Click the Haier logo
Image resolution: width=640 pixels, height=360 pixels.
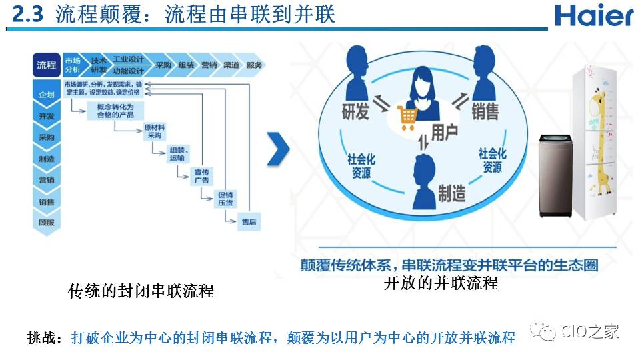(x=593, y=15)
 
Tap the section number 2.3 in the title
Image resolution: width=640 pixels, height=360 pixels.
(x=28, y=15)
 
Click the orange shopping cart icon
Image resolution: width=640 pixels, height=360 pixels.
(x=408, y=118)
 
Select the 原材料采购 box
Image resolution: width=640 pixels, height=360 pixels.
(x=155, y=131)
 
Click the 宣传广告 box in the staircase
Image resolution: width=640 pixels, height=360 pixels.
(x=201, y=176)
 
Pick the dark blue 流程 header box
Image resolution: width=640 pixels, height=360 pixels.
(x=47, y=65)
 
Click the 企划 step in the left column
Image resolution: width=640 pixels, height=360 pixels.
(x=47, y=95)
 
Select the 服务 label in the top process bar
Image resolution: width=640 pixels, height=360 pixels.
(x=255, y=65)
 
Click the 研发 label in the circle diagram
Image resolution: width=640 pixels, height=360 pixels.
(x=355, y=111)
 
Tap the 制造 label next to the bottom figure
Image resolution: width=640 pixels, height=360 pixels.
(x=451, y=194)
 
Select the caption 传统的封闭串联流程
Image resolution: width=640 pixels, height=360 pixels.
(x=141, y=291)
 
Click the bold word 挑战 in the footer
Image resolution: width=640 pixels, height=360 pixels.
(x=44, y=338)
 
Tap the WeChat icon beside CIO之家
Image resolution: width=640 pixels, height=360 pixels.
(x=542, y=331)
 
